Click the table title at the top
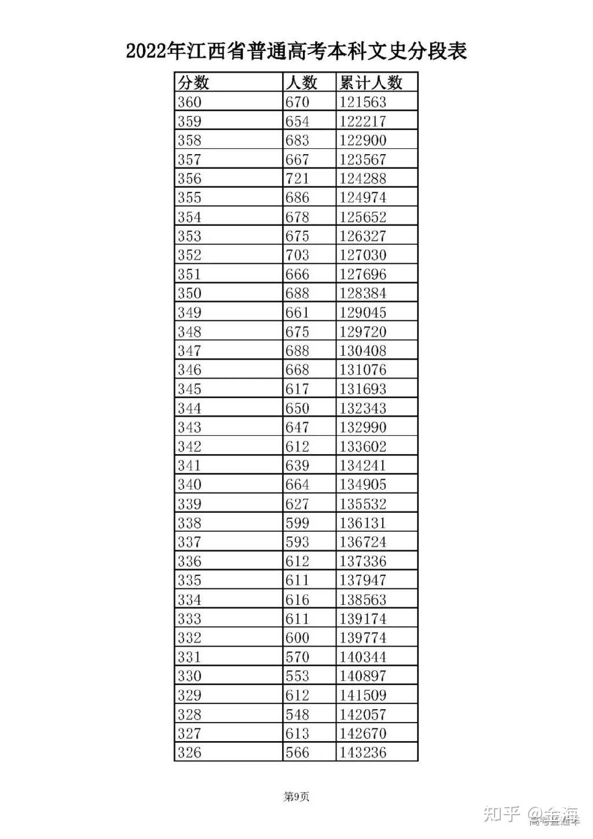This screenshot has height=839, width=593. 296,51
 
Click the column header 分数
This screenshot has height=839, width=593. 193,83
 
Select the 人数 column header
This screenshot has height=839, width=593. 301,83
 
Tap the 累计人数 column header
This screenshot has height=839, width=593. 371,83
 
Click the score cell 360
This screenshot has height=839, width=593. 190,102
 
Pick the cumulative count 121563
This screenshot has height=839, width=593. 363,102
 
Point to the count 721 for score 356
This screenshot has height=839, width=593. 298,178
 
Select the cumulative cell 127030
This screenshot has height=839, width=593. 363,255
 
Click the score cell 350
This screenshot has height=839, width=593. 190,293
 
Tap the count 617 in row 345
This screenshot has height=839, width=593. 298,389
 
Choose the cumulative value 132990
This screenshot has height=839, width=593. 363,427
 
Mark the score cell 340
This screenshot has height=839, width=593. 190,484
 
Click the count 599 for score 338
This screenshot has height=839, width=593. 298,523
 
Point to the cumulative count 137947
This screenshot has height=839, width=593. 363,580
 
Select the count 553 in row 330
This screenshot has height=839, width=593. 298,676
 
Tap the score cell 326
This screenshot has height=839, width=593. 190,752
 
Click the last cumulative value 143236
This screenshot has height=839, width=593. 363,752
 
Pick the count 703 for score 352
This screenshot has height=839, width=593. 298,255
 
